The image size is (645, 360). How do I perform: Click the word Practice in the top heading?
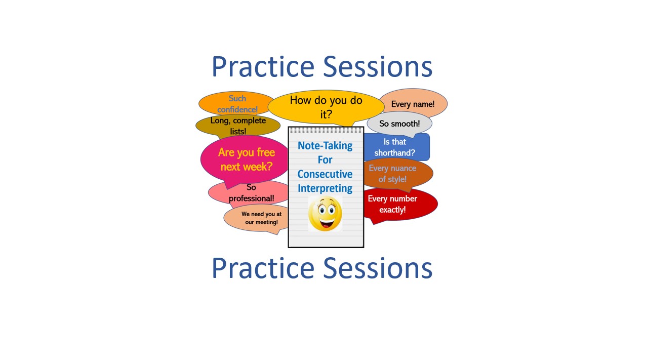pos(263,67)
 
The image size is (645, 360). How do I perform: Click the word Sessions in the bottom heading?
pos(378,268)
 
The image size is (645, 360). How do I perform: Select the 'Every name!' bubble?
pos(414,104)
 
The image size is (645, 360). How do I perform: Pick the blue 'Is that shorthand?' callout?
pos(397,147)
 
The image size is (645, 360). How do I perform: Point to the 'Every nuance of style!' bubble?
pos(398,174)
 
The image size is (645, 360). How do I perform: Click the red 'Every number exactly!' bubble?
pos(400,205)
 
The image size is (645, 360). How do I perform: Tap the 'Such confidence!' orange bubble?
pos(236,104)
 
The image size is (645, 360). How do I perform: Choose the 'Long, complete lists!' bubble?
pos(238,126)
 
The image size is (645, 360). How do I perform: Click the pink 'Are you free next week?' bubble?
pos(245,160)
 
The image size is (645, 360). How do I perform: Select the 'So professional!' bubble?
pos(248,193)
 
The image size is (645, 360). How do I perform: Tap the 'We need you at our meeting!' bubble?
pos(256,218)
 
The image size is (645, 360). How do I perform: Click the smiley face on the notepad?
pos(325,213)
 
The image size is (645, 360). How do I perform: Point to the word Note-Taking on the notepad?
pos(325,146)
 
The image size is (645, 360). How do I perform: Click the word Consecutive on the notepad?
pos(325,174)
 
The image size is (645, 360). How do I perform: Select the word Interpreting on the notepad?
pos(325,188)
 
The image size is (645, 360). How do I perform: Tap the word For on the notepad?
pos(325,160)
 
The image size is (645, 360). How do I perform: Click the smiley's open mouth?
pos(326,223)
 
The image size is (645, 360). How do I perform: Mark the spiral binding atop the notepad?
pos(326,130)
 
